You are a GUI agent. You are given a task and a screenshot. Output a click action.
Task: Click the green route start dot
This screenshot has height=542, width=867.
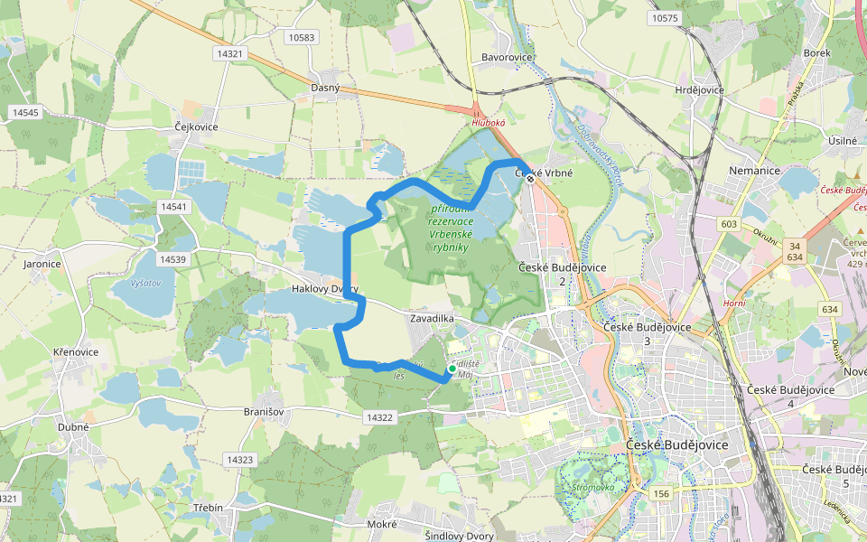452,369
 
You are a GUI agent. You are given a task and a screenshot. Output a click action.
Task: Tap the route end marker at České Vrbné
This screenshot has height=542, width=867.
531,179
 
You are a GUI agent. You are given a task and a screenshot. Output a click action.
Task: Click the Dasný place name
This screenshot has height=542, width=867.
325,88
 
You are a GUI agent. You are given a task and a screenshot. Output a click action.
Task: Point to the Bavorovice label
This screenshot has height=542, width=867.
508,58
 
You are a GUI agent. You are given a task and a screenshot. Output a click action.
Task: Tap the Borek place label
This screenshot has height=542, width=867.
816,53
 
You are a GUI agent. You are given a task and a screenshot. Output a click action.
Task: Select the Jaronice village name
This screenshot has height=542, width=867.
42,265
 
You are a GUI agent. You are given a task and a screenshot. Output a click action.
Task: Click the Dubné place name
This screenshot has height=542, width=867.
74,427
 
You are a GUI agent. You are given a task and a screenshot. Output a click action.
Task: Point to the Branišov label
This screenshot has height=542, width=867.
264,411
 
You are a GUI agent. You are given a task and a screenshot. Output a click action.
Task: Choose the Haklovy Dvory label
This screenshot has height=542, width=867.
326,289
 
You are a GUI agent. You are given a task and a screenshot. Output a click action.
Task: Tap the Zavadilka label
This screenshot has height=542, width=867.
432,320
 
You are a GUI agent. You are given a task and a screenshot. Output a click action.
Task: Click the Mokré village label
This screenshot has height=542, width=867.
382,524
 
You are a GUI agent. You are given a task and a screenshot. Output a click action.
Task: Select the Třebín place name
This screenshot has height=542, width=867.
208,508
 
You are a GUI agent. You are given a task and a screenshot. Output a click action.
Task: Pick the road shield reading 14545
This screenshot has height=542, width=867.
24,112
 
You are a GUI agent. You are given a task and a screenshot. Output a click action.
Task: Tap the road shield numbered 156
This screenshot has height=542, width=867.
662,493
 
